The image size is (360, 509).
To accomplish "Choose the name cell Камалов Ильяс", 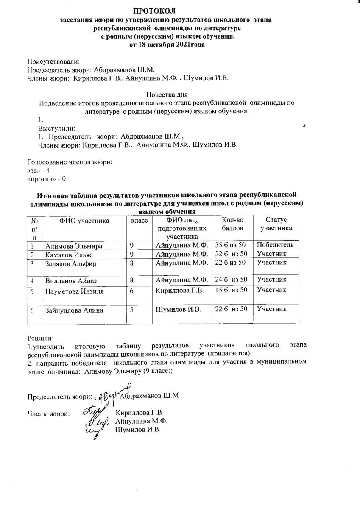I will [69, 255].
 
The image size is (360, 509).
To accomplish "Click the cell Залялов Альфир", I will [70, 263].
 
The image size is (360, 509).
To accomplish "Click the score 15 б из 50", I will [231, 291].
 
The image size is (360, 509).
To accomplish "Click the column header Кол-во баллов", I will [233, 224].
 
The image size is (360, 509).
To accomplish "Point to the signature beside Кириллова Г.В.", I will [92, 411].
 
